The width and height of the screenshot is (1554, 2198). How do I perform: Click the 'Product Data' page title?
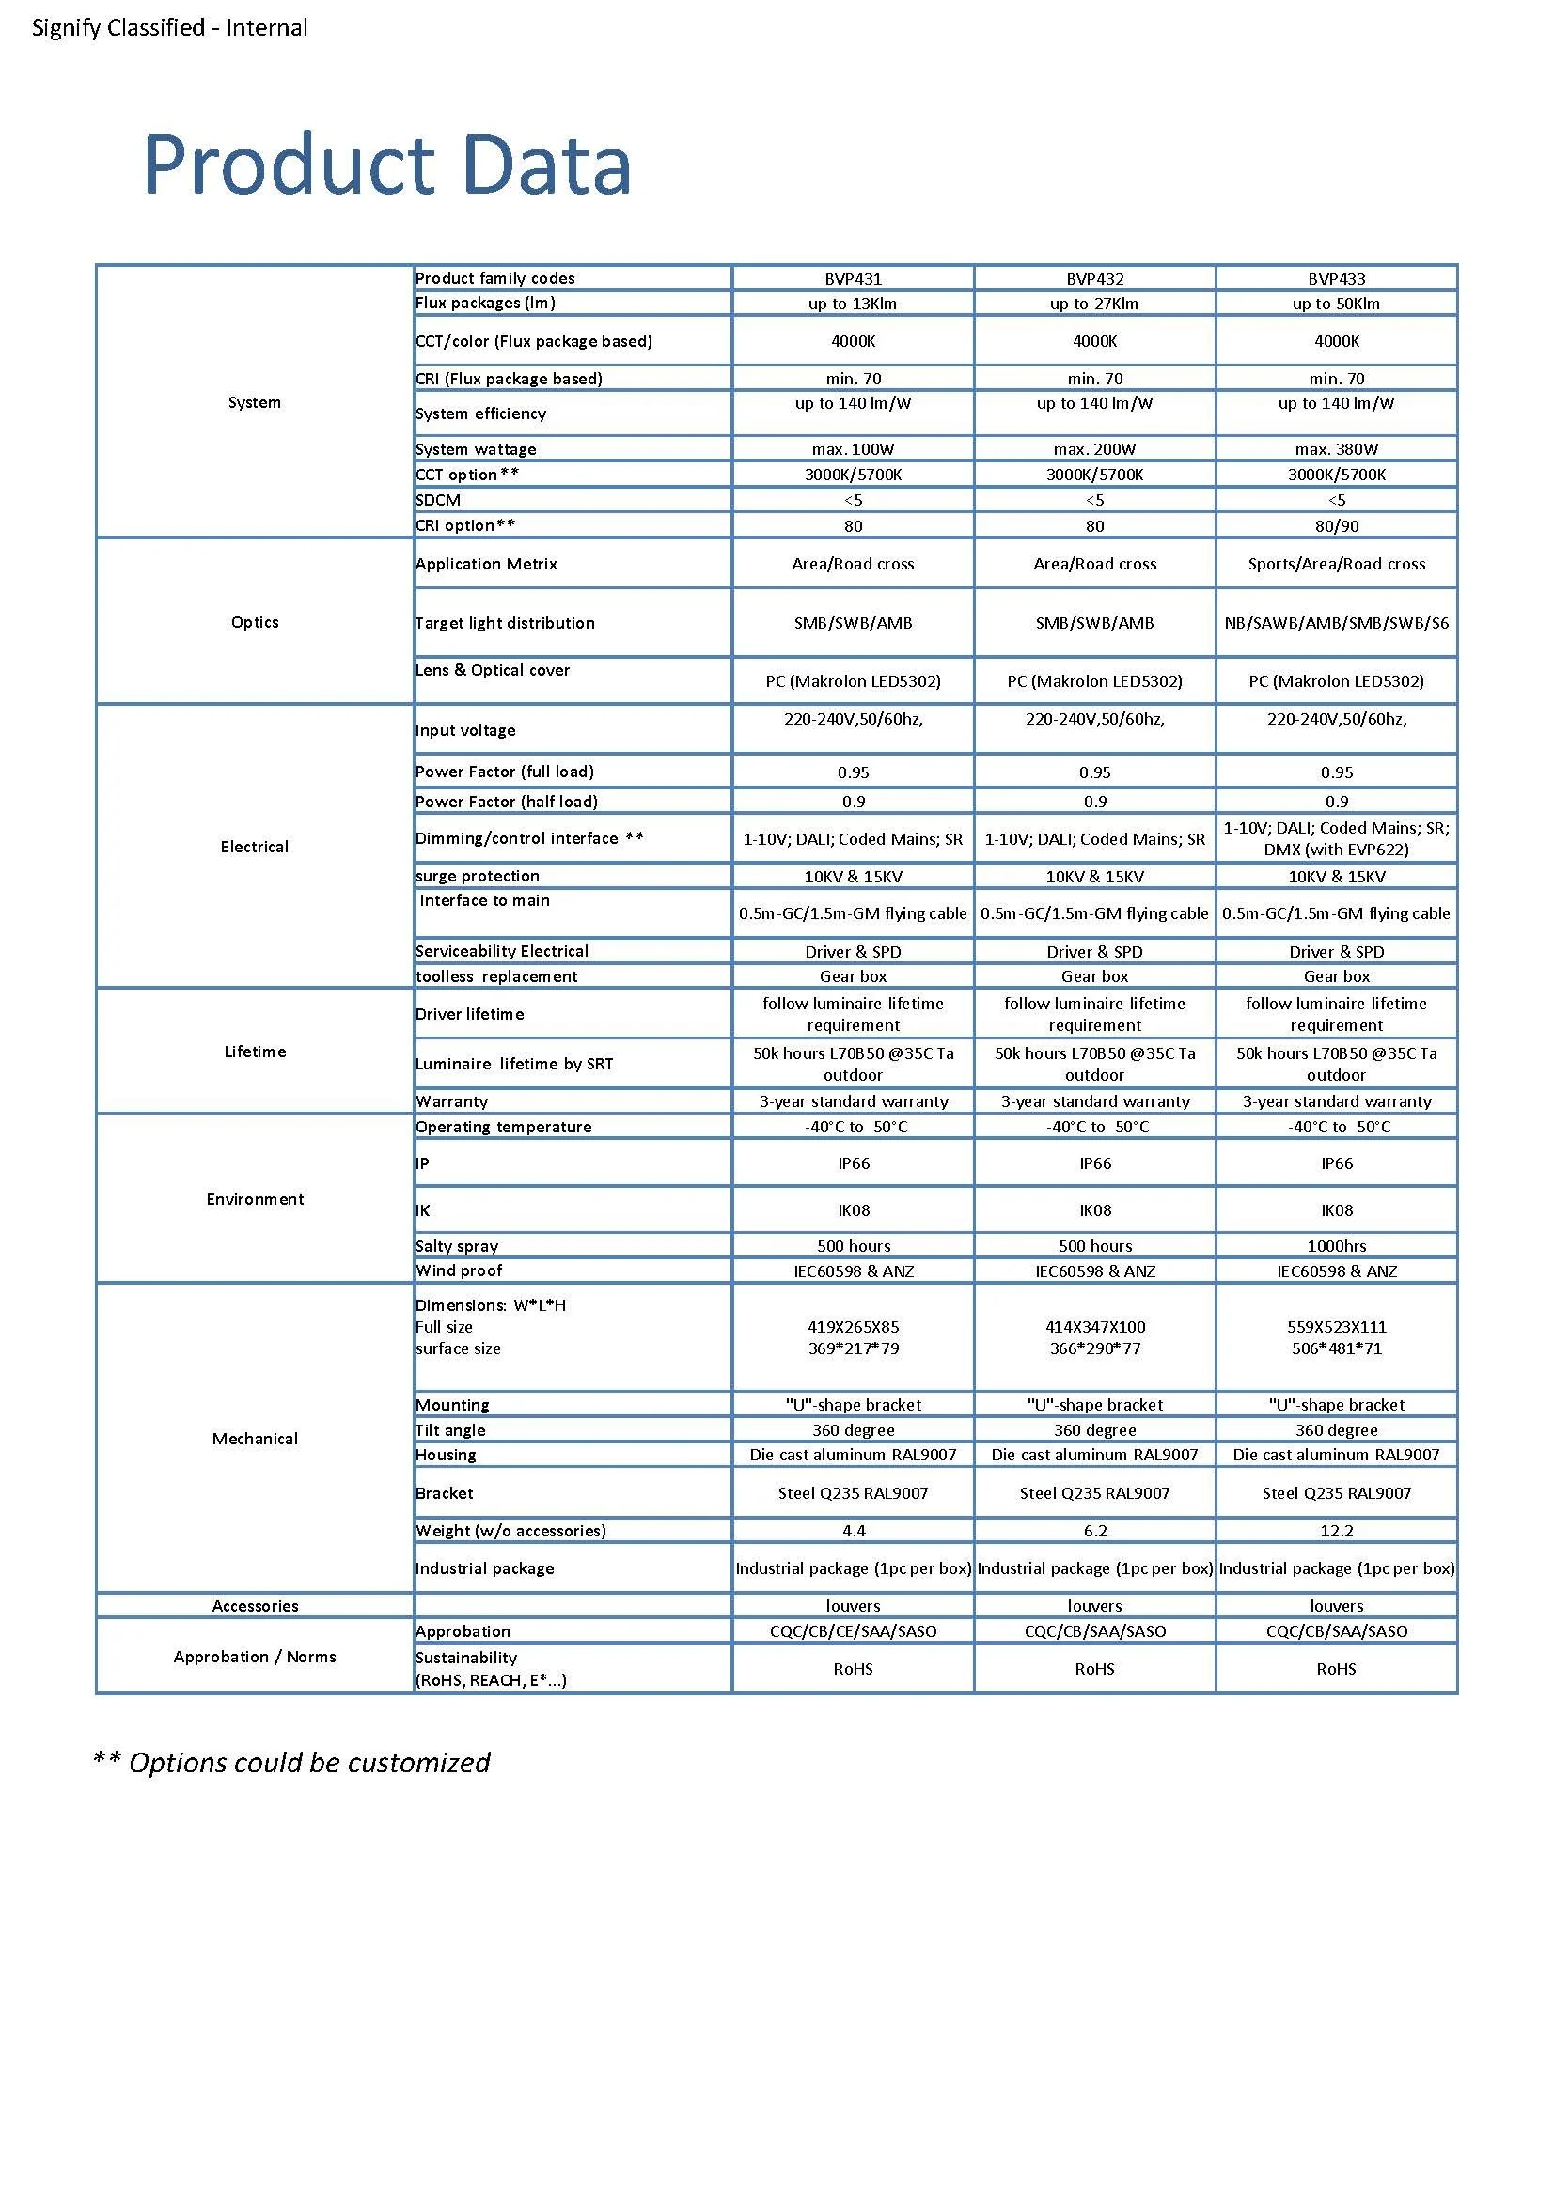[386, 164]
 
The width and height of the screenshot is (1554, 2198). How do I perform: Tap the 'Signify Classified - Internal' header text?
[169, 28]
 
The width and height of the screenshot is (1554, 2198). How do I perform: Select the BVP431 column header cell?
[852, 278]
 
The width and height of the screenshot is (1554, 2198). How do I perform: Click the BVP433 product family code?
[1336, 278]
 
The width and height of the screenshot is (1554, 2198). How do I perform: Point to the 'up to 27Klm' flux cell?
[1093, 304]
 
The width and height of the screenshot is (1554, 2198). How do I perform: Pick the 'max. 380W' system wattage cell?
[1336, 449]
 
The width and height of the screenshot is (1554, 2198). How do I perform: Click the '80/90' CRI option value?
[1336, 525]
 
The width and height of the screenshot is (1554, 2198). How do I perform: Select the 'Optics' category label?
[255, 622]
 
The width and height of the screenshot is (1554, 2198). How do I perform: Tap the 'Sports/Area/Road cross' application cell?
[1336, 564]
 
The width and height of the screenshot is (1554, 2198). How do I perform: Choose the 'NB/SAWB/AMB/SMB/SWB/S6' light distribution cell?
[1336, 623]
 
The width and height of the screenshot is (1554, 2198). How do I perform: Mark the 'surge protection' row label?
[477, 876]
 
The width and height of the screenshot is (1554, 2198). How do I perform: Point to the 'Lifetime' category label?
[255, 1052]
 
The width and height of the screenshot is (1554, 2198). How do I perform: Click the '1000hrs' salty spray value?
[1336, 1245]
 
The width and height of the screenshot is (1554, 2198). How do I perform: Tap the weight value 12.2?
[1336, 1531]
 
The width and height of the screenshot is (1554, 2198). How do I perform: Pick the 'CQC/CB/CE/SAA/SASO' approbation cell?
[852, 1631]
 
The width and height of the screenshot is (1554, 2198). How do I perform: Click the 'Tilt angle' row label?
[450, 1430]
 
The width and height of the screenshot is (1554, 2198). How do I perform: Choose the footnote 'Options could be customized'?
[292, 1763]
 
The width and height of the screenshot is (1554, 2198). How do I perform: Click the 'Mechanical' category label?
[255, 1439]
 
